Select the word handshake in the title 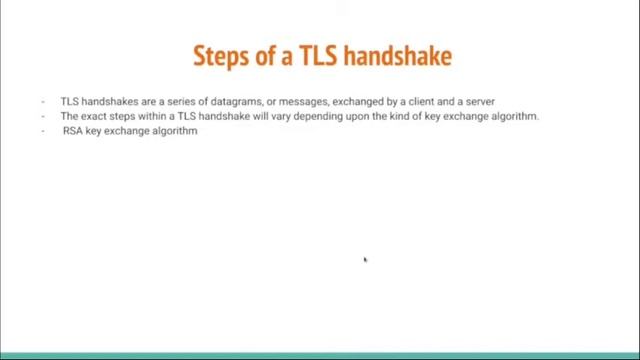coord(398,55)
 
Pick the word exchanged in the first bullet coord(357,101)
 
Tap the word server coord(480,101)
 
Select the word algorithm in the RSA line coord(175,131)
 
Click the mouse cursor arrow coord(365,260)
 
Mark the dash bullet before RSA coord(44,131)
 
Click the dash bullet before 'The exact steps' coord(44,116)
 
